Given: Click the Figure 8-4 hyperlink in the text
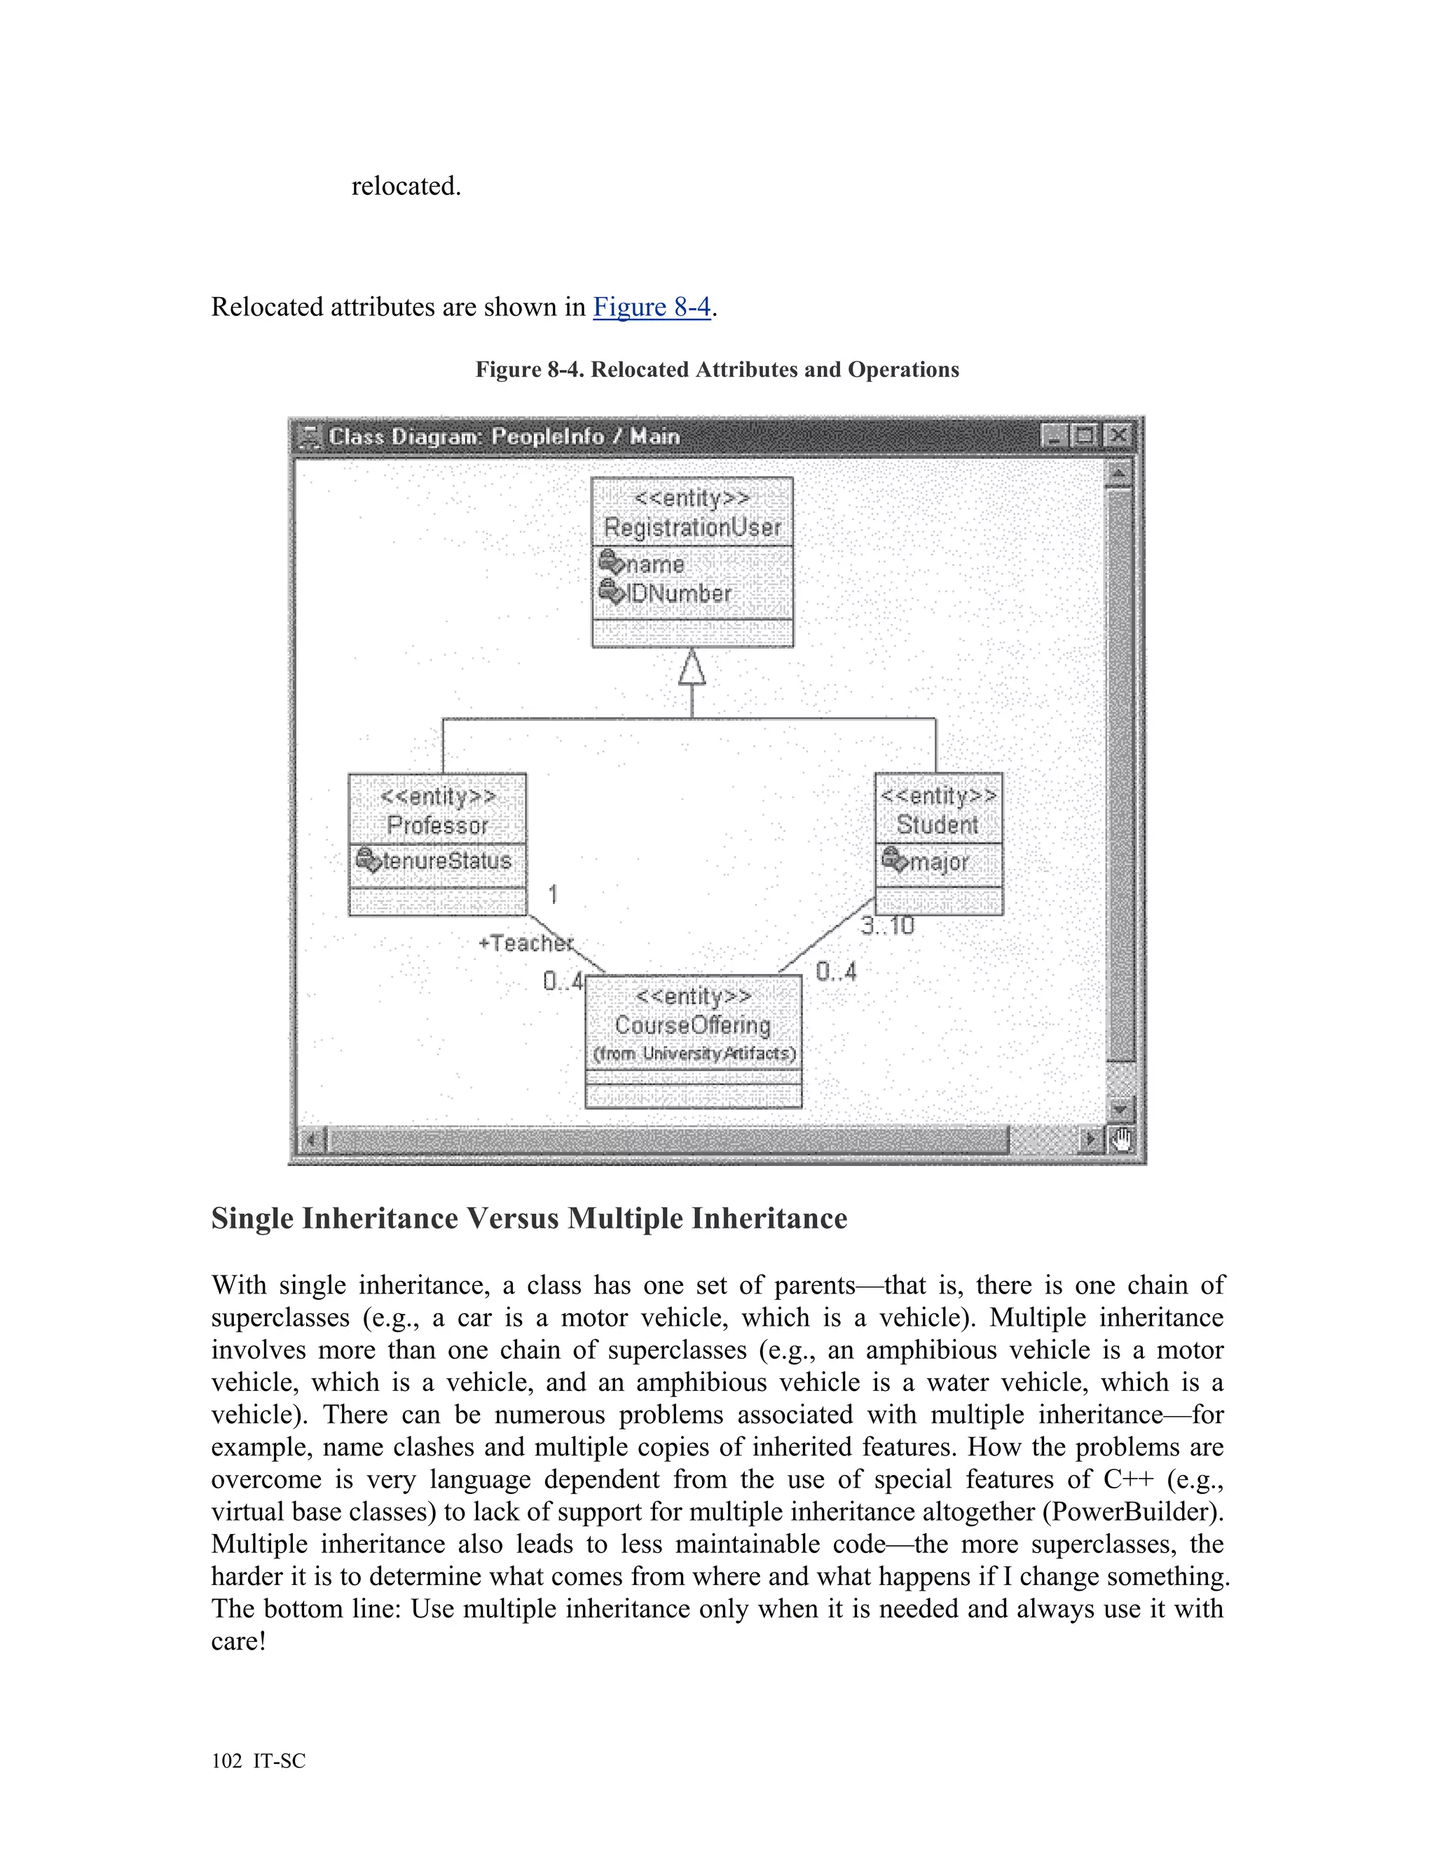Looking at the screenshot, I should coord(651,307).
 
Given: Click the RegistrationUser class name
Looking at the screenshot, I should coord(692,528).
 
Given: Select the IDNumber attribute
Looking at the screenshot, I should coord(678,594).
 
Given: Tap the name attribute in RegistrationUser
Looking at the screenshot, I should coord(654,565).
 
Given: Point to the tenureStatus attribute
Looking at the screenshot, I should coord(446,861).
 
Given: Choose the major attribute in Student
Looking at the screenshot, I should coord(938,862).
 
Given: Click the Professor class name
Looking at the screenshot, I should coord(437,825).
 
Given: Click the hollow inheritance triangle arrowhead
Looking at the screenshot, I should coord(692,669).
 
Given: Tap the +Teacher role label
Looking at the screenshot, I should coord(526,943).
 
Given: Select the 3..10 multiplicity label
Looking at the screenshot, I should coord(888,926).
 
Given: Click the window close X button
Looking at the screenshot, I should coord(1117,436).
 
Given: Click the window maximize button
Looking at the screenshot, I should coord(1085,436).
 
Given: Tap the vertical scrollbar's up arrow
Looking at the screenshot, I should coord(1120,473).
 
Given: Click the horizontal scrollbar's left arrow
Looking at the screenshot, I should coord(311,1139).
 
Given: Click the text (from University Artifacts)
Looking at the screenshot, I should coord(694,1055).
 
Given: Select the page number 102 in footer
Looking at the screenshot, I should coord(227,1761).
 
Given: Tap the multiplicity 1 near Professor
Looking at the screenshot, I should coord(554,894).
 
